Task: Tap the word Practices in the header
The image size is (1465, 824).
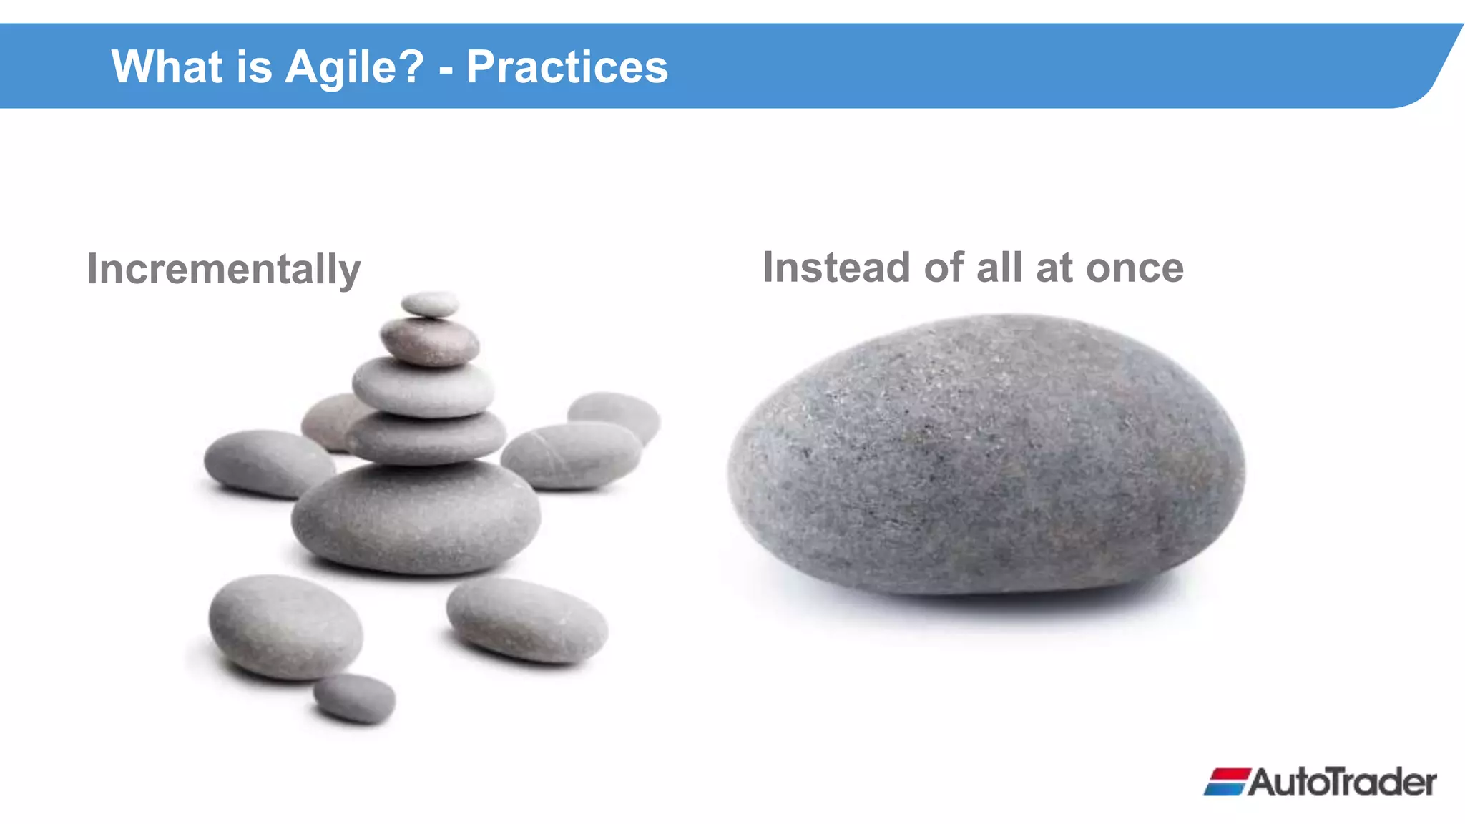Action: (x=567, y=67)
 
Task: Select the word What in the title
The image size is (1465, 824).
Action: (x=167, y=67)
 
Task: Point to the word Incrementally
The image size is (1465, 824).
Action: (x=224, y=269)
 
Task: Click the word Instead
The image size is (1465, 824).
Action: (x=836, y=268)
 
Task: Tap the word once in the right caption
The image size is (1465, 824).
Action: (x=1135, y=268)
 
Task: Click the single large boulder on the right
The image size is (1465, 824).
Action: (x=987, y=458)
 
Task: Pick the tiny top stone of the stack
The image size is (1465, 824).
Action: (x=429, y=304)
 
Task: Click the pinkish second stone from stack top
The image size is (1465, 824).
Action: (x=429, y=342)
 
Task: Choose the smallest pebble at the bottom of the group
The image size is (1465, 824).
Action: (x=354, y=697)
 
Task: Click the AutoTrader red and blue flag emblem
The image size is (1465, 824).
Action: (x=1226, y=782)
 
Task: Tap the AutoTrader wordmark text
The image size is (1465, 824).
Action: (x=1342, y=782)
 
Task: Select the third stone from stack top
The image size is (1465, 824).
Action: (x=423, y=388)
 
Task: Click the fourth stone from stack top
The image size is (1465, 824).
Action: (x=426, y=436)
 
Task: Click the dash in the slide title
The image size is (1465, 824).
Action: (x=446, y=70)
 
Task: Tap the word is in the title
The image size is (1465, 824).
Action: (x=254, y=67)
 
